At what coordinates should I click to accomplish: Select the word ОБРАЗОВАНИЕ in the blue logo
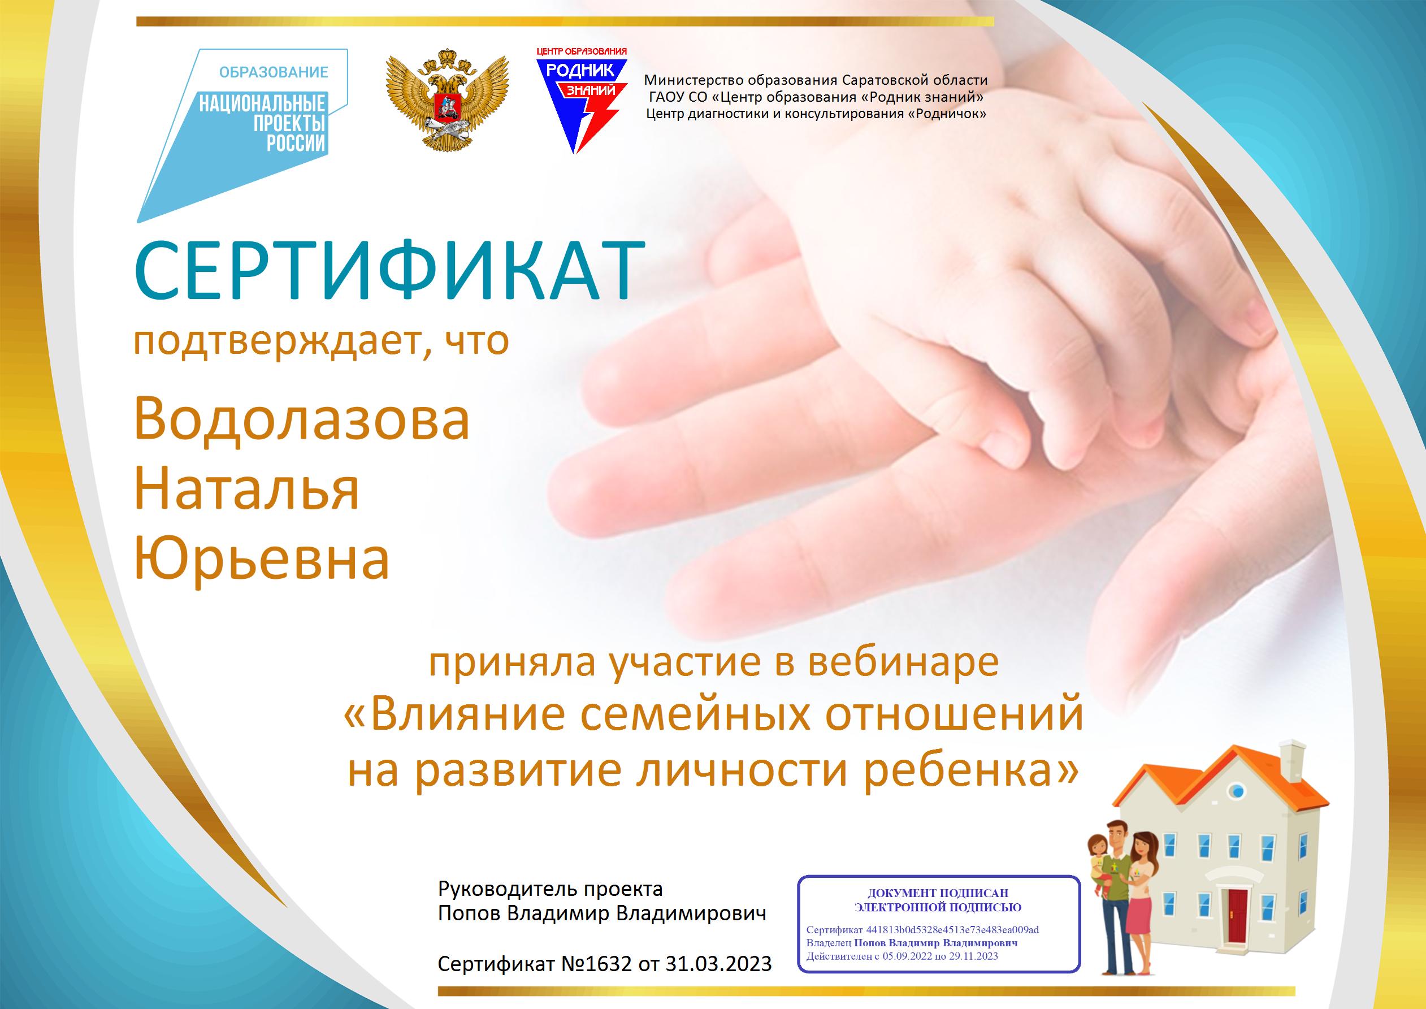(x=274, y=73)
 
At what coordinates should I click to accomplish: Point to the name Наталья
(x=246, y=489)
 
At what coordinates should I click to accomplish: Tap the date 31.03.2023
(x=718, y=964)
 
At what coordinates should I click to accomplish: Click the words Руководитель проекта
(x=551, y=890)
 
